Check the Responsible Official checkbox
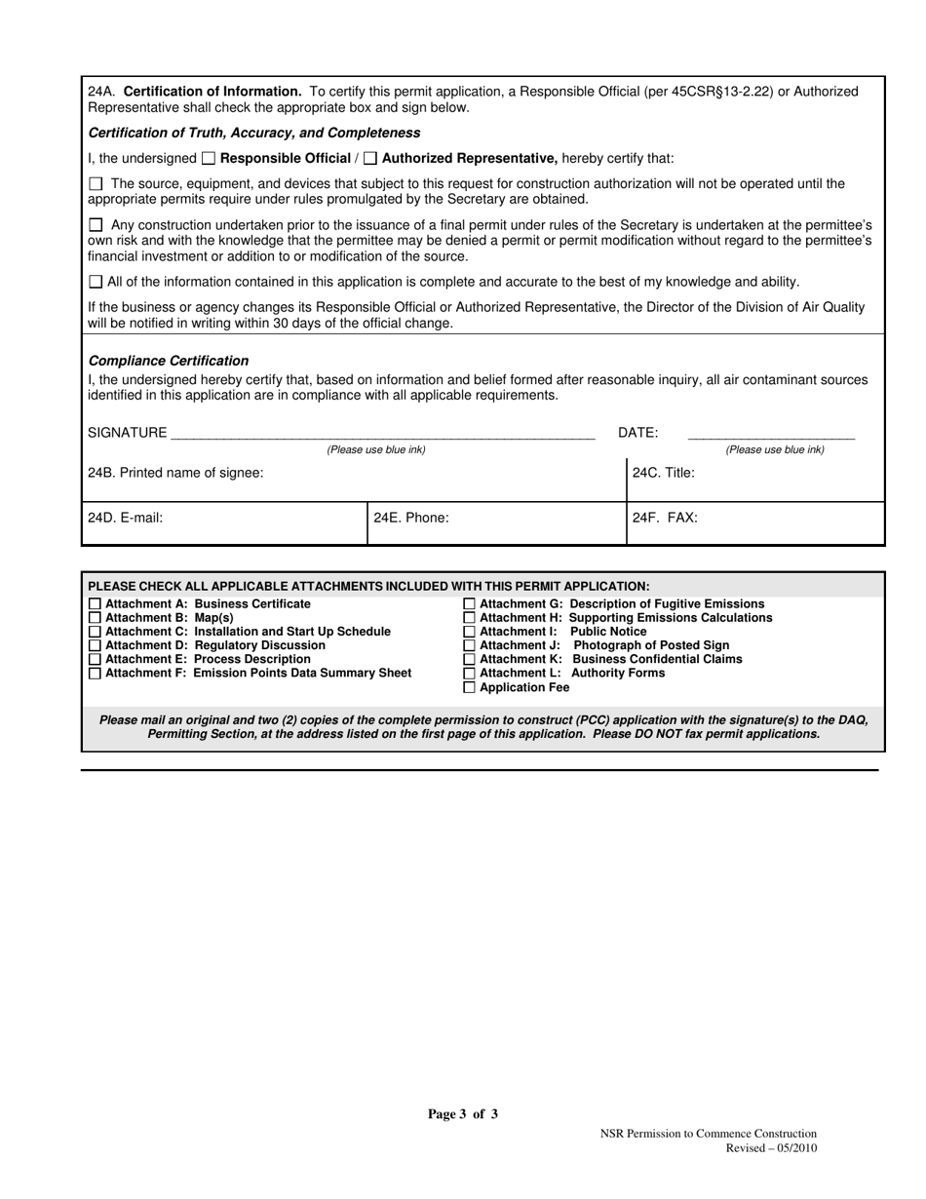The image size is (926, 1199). pyautogui.click(x=209, y=159)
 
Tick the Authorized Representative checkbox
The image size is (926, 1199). pyautogui.click(x=370, y=159)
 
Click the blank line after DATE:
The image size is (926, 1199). pyautogui.click(x=771, y=435)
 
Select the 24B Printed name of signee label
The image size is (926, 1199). pyautogui.click(x=175, y=473)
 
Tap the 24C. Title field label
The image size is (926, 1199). pyautogui.click(x=664, y=473)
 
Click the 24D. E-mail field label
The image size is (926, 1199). pyautogui.click(x=125, y=518)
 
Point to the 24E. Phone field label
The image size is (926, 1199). pyautogui.click(x=411, y=518)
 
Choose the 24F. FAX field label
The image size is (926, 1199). pyautogui.click(x=665, y=518)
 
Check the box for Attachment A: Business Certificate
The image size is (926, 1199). pyautogui.click(x=95, y=604)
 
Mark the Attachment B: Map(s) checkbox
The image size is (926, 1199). pyautogui.click(x=95, y=618)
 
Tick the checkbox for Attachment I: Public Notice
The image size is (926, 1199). pyautogui.click(x=470, y=632)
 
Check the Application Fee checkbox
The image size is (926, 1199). pyautogui.click(x=470, y=687)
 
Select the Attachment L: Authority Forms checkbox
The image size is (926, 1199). pyautogui.click(x=470, y=674)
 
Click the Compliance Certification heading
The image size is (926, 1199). pyautogui.click(x=168, y=361)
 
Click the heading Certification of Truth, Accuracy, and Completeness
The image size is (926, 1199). pyautogui.click(x=254, y=133)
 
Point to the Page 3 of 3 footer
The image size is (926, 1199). pyautogui.click(x=463, y=1114)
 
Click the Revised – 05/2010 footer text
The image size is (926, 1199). pyautogui.click(x=771, y=1148)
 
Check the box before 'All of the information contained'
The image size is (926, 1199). pyautogui.click(x=95, y=282)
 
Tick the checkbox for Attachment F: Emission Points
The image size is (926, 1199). pyautogui.click(x=95, y=674)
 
